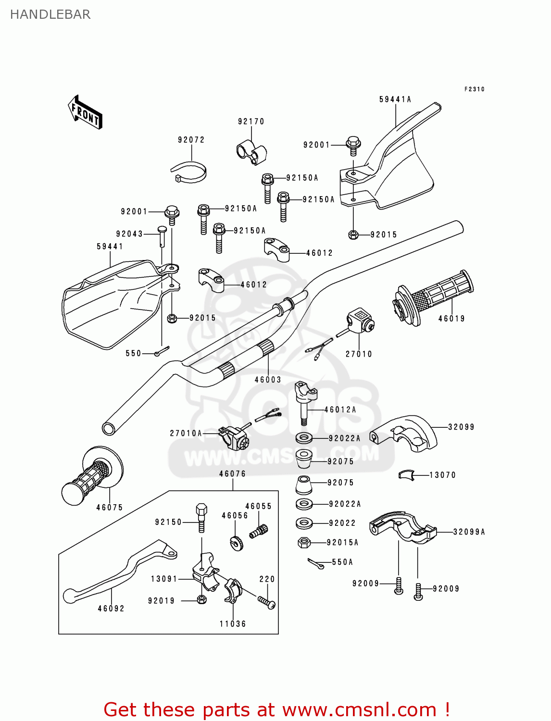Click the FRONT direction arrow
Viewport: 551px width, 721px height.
tap(85, 112)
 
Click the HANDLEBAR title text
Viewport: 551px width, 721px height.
tap(50, 14)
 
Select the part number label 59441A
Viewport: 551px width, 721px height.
tap(395, 99)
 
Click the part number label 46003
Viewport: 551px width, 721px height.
tap(267, 380)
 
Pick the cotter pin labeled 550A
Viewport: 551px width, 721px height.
tap(315, 564)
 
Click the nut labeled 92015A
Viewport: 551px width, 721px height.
tap(304, 543)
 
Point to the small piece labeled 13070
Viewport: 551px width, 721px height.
tap(406, 475)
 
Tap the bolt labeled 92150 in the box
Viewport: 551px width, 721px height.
tap(201, 517)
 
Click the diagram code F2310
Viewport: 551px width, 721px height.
tap(474, 89)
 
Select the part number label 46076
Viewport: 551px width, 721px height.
tap(232, 474)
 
